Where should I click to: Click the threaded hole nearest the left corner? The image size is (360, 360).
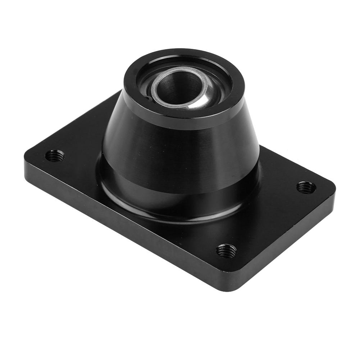click(x=55, y=156)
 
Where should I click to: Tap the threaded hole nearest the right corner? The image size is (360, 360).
click(x=306, y=187)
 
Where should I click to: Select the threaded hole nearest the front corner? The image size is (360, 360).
click(x=227, y=250)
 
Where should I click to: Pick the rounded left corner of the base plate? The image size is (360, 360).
click(x=29, y=158)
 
